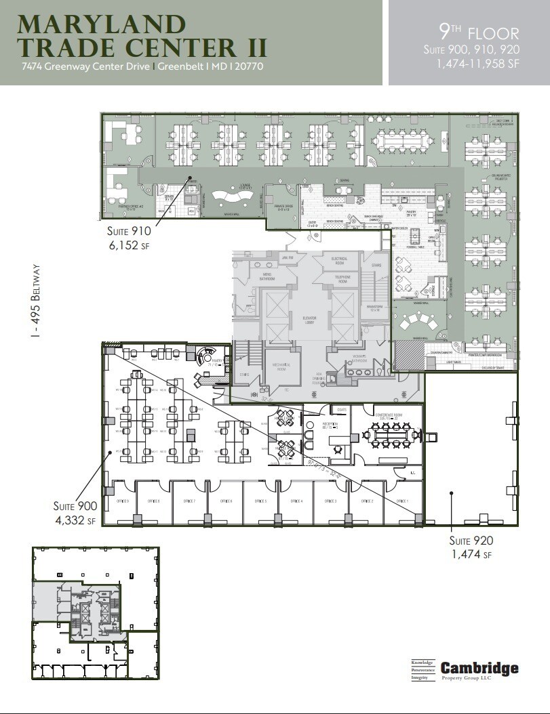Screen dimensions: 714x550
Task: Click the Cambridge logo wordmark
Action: [479, 668]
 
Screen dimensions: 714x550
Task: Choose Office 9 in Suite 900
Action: [119, 502]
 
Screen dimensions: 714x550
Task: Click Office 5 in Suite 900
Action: [260, 502]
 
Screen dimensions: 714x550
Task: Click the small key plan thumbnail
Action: [95, 612]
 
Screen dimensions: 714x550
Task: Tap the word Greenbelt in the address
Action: [180, 66]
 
